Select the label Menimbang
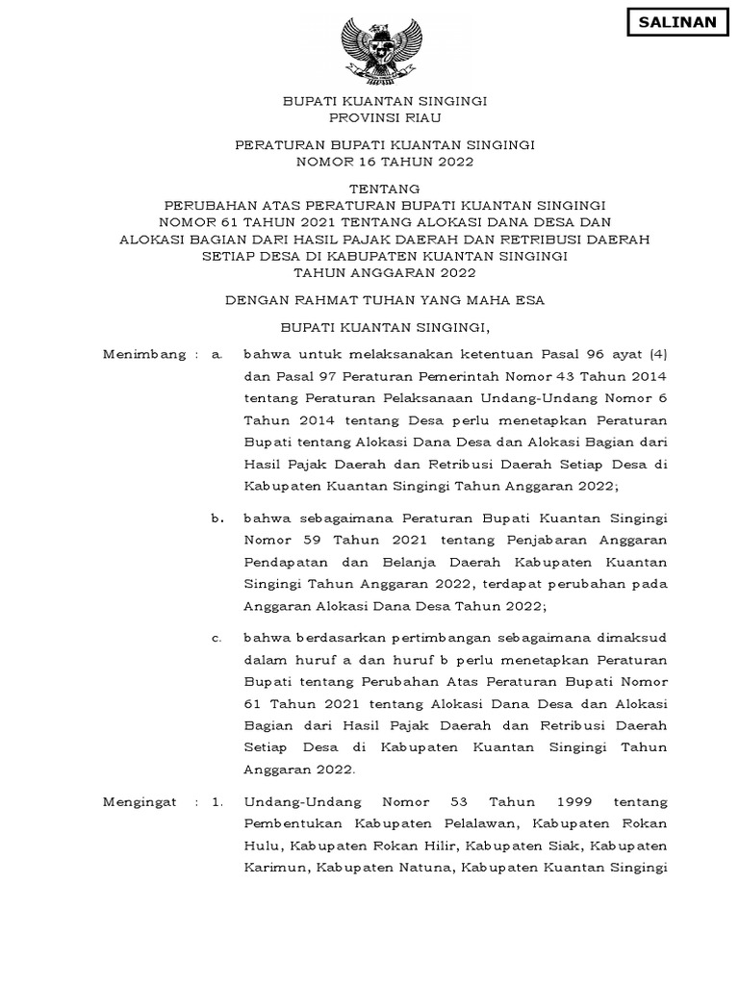(x=143, y=354)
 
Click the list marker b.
(x=217, y=518)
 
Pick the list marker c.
(x=217, y=637)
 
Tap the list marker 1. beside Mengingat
(x=217, y=802)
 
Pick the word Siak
(x=565, y=846)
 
